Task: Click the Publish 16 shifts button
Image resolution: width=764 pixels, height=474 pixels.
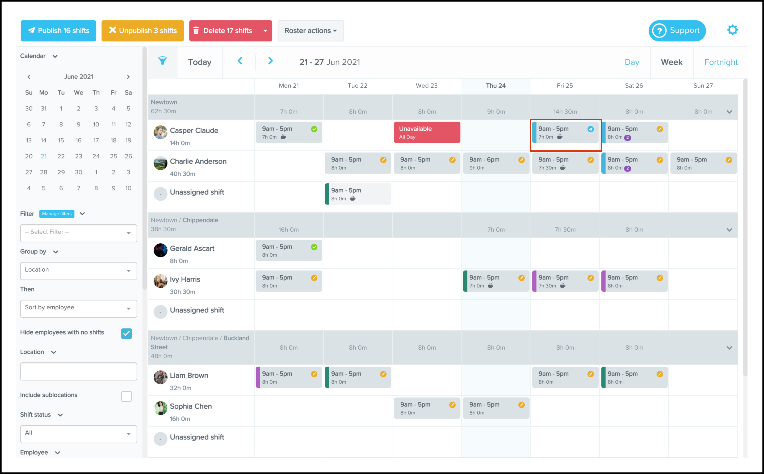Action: tap(58, 31)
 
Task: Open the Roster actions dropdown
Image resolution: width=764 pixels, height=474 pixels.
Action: tap(310, 31)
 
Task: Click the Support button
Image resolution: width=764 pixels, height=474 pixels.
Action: tap(677, 31)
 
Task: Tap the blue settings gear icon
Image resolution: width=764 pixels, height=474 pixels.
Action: tap(732, 30)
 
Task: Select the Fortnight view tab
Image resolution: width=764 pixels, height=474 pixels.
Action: tap(721, 62)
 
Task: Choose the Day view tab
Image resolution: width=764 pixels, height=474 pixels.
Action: tap(632, 62)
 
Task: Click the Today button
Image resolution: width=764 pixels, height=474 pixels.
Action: tap(199, 62)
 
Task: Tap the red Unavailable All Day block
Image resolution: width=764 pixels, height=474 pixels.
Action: tap(427, 132)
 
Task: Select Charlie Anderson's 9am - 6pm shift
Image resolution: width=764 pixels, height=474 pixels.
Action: tap(496, 163)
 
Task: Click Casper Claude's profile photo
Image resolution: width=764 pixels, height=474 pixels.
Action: tap(160, 132)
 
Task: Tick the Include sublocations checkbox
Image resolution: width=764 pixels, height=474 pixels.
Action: tap(126, 396)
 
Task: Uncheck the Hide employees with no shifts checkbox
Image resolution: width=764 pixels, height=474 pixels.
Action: tap(126, 333)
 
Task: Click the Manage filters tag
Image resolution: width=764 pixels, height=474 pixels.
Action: tap(57, 214)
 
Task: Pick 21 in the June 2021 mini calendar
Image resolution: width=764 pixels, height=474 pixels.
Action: tap(44, 156)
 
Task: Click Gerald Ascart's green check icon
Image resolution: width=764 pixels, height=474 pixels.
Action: tap(314, 247)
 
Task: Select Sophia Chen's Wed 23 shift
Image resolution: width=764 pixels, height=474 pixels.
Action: tap(427, 408)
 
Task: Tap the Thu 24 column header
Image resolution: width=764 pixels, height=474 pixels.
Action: tap(496, 86)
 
